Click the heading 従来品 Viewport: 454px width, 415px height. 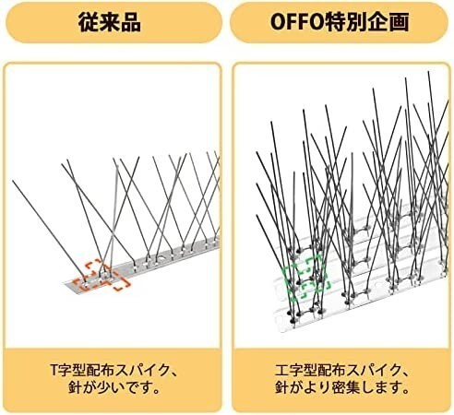(110, 22)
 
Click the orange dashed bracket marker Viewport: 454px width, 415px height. (102, 276)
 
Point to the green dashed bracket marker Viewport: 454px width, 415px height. (306, 277)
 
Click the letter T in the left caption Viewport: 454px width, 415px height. (54, 371)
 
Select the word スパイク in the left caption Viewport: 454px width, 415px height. (142, 371)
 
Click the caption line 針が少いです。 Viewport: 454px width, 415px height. (114, 388)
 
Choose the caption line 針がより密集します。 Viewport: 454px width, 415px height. (341, 388)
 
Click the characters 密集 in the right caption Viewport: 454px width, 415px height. (346, 388)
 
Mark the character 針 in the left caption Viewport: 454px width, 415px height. (75, 388)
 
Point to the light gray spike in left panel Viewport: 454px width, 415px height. (113, 219)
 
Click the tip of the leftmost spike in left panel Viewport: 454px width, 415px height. (13, 181)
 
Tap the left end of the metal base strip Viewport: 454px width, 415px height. (65, 284)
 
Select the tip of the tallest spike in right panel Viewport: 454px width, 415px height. (428, 72)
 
